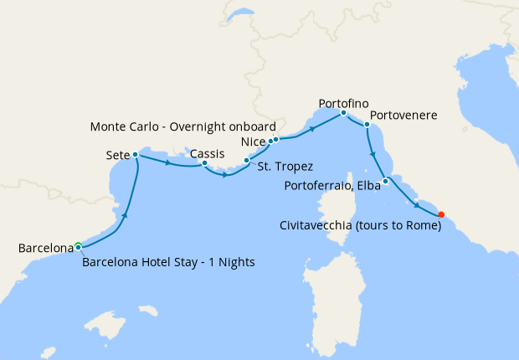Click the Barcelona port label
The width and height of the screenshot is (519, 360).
[x=46, y=248]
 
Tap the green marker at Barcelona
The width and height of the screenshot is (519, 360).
[x=78, y=246]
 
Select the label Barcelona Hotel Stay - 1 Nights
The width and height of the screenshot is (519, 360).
[x=168, y=262]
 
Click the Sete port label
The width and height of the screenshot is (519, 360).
[x=117, y=156]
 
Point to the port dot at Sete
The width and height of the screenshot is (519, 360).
[x=135, y=155]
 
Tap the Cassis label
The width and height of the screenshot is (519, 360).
[x=207, y=153]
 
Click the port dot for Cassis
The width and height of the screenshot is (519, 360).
[x=204, y=163]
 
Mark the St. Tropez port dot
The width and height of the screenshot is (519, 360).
[x=245, y=160]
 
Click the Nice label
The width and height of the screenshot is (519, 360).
[x=253, y=141]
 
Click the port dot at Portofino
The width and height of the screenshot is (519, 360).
[x=343, y=112]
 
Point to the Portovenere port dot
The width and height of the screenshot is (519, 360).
[x=367, y=125]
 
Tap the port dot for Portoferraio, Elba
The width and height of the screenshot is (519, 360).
[x=385, y=182]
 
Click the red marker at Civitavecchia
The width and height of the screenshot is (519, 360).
[x=441, y=213]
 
